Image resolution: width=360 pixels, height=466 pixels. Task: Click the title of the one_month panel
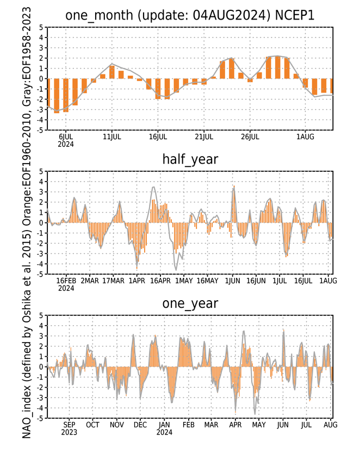(x=190, y=15)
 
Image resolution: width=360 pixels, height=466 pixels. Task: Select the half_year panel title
(x=190, y=159)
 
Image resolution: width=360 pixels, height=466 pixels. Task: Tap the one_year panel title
(x=190, y=303)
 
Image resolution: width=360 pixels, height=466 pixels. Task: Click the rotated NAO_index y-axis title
(x=27, y=223)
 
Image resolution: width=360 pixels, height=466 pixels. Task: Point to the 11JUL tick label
(x=112, y=137)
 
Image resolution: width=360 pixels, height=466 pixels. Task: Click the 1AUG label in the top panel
(x=305, y=137)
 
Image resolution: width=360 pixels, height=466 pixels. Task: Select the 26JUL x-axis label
(x=250, y=137)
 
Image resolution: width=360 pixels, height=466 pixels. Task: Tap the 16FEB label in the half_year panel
(x=66, y=281)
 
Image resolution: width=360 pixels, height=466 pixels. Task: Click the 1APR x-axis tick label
(x=136, y=281)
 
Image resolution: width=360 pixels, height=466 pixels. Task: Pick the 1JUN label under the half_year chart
(x=232, y=281)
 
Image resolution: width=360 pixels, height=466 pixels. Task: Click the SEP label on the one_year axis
(x=69, y=425)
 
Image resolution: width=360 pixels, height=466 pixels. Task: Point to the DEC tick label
(x=140, y=425)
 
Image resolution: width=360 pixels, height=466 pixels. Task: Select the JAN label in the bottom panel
(x=164, y=425)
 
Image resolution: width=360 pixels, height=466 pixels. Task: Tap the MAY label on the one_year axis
(x=259, y=425)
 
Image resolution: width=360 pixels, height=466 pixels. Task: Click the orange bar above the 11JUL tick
(x=112, y=72)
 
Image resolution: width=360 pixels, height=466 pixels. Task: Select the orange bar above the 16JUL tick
(x=158, y=89)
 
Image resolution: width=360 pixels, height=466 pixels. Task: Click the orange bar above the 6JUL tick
(x=66, y=95)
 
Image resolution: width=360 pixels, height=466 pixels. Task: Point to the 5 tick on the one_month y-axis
(x=41, y=28)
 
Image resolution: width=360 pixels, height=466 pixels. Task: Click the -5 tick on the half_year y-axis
(x=40, y=274)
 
